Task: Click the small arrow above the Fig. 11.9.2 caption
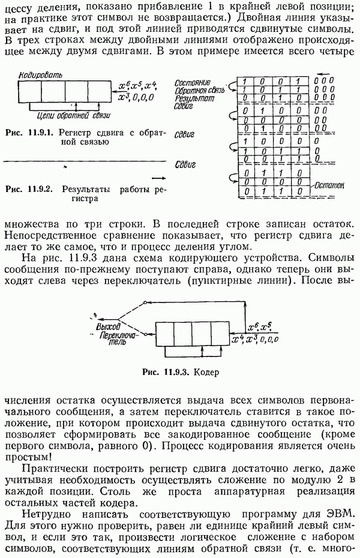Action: [158, 178]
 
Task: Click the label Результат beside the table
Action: [191, 96]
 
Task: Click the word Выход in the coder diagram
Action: [108, 328]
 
